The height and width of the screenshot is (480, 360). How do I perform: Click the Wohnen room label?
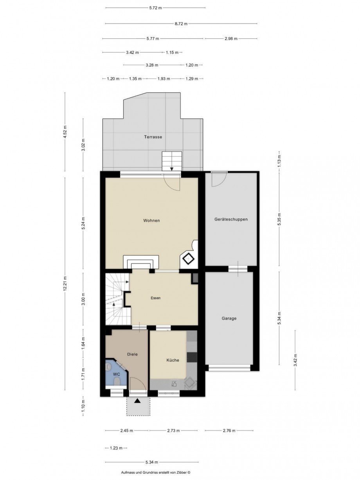coord(151,220)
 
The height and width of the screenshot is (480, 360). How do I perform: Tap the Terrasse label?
coord(153,137)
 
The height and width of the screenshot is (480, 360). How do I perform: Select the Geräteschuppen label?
coord(231,219)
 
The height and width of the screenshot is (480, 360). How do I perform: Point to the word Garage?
coord(229,318)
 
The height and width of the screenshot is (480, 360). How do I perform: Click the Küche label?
coord(173,360)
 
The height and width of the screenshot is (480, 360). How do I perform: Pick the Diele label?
coord(132,354)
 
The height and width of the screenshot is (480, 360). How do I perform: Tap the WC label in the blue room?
coord(116,374)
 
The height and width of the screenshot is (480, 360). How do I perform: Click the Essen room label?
coord(155,298)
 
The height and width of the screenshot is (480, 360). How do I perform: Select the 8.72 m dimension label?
coord(181,23)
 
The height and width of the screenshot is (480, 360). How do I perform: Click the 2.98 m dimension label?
coord(231,39)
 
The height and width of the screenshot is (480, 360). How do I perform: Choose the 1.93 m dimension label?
coord(164,79)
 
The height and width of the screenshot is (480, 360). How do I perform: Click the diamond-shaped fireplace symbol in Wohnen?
coord(189,259)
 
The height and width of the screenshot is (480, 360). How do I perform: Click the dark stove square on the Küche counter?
coord(192,357)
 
